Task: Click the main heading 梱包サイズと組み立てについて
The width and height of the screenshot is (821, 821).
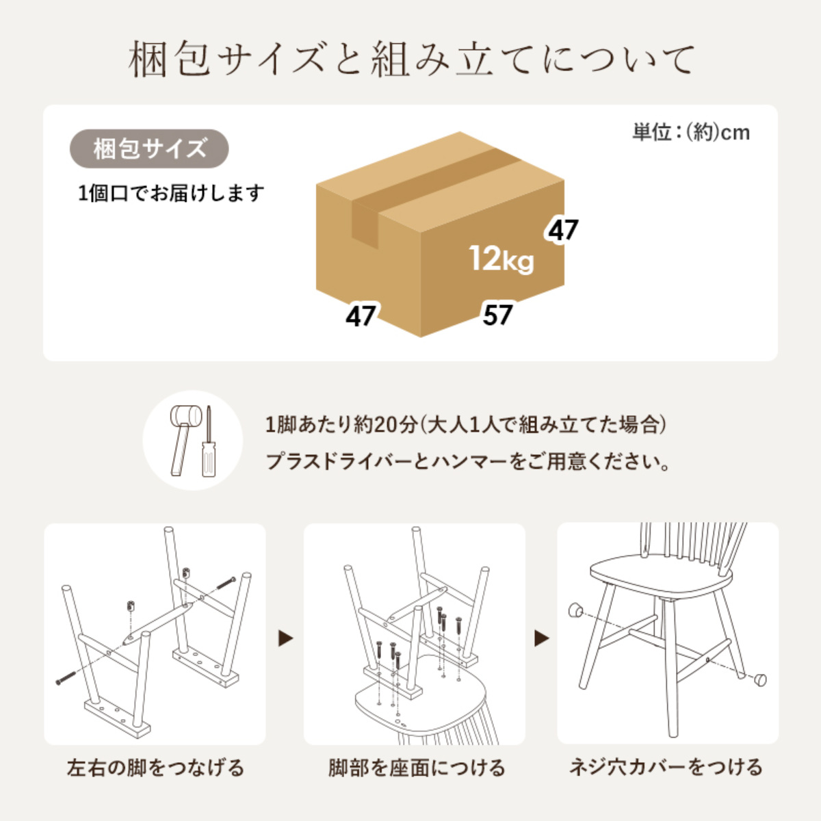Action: [x=410, y=60]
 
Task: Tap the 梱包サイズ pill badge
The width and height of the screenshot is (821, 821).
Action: [x=149, y=148]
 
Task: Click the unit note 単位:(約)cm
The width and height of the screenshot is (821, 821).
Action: [x=690, y=131]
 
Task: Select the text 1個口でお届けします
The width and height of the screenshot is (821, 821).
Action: [x=171, y=194]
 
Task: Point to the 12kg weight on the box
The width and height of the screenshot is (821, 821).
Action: [x=501, y=259]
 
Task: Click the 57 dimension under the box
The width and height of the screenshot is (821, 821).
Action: [x=497, y=315]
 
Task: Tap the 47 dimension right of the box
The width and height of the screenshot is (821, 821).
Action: [x=563, y=230]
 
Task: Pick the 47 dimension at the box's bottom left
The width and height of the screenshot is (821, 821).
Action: [x=361, y=316]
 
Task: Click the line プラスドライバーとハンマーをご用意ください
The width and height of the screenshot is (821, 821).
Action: [x=467, y=462]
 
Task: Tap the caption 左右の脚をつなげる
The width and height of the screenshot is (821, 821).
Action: [x=155, y=768]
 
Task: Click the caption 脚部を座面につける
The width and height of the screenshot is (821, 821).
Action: [x=416, y=768]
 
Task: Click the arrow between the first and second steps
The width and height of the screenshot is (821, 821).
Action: [x=285, y=638]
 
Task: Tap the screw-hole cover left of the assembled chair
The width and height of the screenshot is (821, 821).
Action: [x=575, y=608]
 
